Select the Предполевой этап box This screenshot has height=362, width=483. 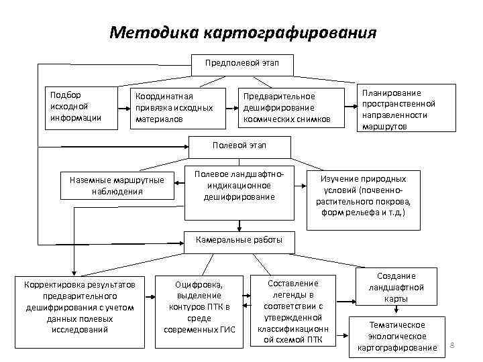click(241, 64)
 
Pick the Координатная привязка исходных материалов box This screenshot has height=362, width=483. click(176, 107)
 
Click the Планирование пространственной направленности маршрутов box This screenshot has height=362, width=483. click(407, 107)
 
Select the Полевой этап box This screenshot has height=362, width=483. click(241, 146)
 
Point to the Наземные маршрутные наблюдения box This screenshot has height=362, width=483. click(117, 185)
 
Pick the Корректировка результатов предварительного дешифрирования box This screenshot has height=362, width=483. click(79, 307)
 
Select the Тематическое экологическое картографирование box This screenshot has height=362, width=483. click(397, 335)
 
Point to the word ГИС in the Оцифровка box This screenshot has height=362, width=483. click(228, 329)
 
